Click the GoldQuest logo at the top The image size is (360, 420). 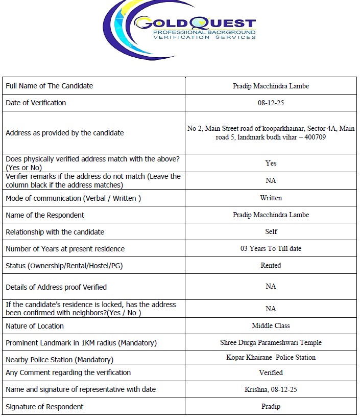[x=180, y=29]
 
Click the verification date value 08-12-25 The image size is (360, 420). [x=271, y=103]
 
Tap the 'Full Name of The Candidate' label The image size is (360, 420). [x=49, y=86]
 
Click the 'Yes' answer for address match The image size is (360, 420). [x=271, y=163]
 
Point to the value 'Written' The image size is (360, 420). [x=271, y=198]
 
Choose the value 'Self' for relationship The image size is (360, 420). [x=271, y=231]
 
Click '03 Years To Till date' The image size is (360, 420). [x=271, y=249]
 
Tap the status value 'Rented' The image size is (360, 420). [x=271, y=265]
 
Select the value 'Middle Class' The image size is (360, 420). [x=271, y=325]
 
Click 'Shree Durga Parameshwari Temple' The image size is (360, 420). [x=271, y=342]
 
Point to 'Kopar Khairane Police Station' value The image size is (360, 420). [x=271, y=357]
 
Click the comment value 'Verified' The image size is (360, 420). [x=271, y=372]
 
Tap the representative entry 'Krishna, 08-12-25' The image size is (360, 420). [x=271, y=389]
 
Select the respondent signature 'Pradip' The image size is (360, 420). [x=271, y=407]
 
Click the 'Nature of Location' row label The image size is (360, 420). [x=35, y=326]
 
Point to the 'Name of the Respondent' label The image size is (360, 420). [x=45, y=215]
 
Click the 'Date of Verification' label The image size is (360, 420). [x=36, y=103]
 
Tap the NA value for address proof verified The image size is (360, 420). [x=271, y=286]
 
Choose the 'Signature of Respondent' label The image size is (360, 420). [x=44, y=407]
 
